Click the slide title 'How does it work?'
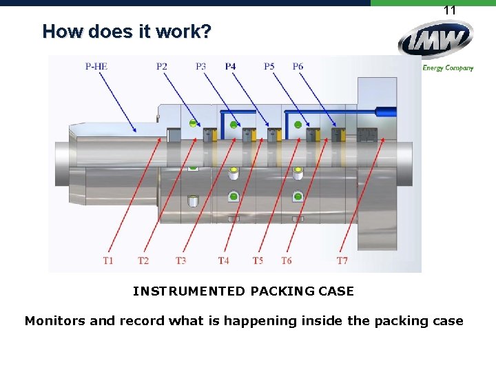click(127, 32)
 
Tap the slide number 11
click(450, 10)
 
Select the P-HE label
click(96, 66)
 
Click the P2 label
click(162, 66)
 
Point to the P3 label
click(200, 66)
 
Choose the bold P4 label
click(230, 66)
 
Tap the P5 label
click(269, 66)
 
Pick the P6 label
click(298, 66)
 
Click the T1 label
click(108, 260)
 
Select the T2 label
click(143, 260)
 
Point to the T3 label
click(180, 260)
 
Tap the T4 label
click(223, 260)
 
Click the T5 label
click(258, 260)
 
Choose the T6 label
click(287, 260)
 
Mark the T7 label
click(342, 260)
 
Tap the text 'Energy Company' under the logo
click(448, 68)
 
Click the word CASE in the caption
click(336, 291)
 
